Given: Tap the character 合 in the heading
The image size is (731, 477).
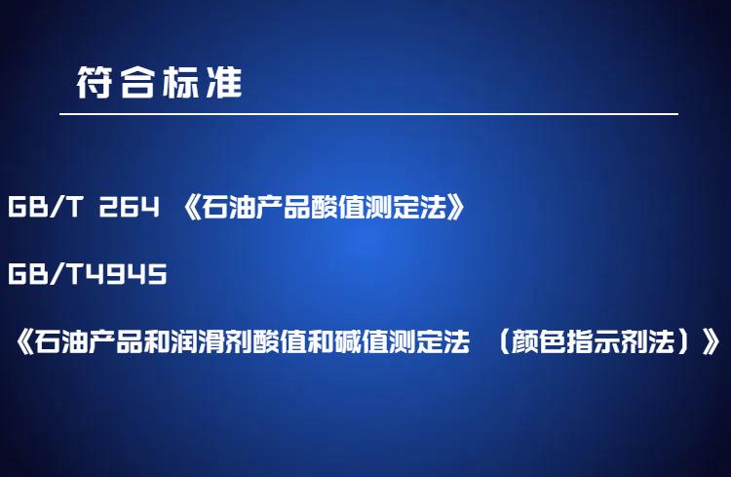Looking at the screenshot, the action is [x=137, y=82].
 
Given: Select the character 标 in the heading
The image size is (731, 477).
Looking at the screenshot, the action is [x=180, y=82].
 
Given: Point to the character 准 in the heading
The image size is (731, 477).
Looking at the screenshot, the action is [x=224, y=82].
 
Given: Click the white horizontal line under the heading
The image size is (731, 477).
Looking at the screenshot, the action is [x=368, y=113].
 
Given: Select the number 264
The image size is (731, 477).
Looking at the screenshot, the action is [x=129, y=206].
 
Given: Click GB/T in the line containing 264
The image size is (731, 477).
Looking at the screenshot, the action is [x=45, y=206].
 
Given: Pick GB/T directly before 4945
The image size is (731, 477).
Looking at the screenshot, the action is [x=45, y=273].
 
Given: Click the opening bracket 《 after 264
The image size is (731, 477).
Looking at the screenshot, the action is [x=191, y=207].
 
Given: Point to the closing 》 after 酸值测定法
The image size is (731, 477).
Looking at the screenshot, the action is [x=455, y=207].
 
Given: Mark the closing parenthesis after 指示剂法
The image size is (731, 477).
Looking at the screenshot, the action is [x=684, y=341].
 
